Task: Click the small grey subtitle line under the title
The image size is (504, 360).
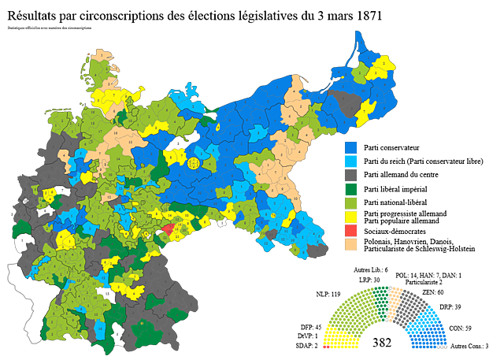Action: [49, 28]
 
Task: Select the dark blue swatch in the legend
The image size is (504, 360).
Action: [350, 146]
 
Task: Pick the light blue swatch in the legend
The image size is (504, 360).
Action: [350, 160]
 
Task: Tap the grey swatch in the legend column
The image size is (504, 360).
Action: [350, 174]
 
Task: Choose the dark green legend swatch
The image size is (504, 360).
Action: [350, 188]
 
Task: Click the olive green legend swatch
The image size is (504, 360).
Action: [350, 202]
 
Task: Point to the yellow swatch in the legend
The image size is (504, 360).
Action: [350, 217]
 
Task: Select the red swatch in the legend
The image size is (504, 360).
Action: [350, 231]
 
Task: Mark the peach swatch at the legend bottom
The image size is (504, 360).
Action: [350, 245]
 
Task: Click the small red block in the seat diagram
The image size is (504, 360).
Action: [325, 347]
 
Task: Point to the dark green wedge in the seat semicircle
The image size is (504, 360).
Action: [382, 298]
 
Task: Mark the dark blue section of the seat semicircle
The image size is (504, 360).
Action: [429, 340]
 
